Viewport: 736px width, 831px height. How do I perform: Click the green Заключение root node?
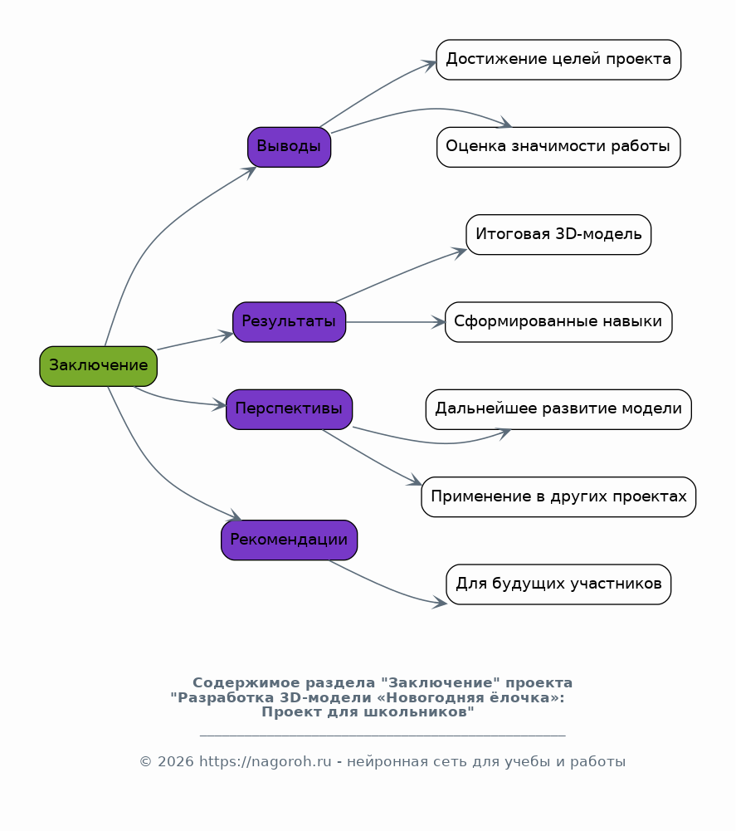98,366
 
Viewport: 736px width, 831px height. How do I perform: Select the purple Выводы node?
289,147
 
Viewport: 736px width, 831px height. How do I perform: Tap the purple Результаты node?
289,322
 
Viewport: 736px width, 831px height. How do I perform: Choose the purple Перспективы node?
289,409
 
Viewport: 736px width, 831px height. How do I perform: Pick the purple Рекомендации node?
289,540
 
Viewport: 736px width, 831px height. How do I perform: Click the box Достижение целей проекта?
558,60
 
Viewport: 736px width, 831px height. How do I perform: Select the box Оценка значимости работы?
558,147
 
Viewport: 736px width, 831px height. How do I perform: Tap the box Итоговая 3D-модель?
558,235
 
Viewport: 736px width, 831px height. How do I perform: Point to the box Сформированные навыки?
558,322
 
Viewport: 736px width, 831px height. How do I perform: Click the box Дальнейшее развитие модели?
558,409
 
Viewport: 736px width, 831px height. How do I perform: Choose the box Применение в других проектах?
558,497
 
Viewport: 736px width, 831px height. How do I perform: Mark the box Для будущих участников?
558,584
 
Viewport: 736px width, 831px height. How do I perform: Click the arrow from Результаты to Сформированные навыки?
395,322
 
